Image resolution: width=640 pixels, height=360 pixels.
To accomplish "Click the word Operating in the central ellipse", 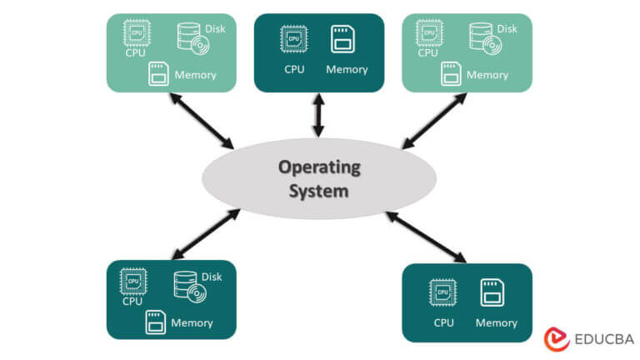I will [x=319, y=167].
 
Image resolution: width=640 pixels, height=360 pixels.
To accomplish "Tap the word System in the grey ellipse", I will [x=319, y=191].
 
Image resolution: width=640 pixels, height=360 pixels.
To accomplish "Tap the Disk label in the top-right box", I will [x=507, y=28].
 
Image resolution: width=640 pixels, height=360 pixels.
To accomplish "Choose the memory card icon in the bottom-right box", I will [x=492, y=292].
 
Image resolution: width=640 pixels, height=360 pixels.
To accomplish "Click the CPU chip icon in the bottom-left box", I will [x=133, y=281].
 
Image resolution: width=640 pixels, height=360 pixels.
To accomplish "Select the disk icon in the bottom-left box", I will [x=188, y=286].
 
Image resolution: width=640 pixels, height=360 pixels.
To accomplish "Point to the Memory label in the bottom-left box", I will [x=192, y=322].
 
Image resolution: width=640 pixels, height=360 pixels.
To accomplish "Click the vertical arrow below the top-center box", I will [x=317, y=115].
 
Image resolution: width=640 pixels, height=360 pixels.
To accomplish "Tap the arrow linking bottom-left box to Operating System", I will [x=204, y=234].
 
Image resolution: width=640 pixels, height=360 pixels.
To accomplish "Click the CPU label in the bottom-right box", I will [x=443, y=322].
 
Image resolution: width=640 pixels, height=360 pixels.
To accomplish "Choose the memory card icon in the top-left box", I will [x=158, y=74].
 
